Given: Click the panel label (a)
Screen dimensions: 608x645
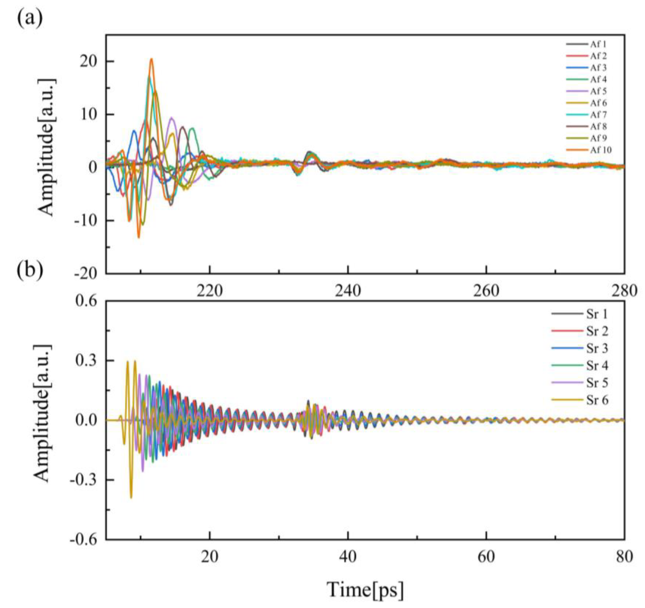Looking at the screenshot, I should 30,20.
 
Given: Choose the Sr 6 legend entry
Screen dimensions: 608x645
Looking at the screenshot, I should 597,400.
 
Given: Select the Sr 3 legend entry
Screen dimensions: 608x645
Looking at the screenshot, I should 597,348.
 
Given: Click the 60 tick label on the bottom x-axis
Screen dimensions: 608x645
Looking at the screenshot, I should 486,557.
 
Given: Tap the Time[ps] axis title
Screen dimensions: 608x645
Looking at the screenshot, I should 365,589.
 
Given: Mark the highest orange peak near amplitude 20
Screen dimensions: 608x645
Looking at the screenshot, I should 151,59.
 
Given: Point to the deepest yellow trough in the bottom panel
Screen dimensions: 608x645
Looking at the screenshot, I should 131,497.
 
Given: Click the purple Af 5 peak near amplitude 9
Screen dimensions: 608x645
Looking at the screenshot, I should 172,118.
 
